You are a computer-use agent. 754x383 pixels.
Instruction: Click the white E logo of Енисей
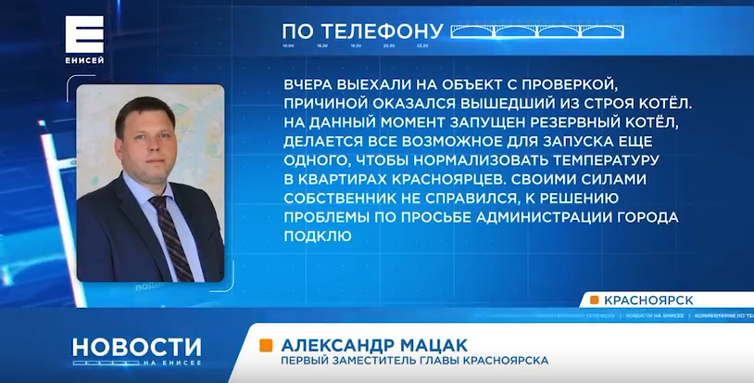point(84,34)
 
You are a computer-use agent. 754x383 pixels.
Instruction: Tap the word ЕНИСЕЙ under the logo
point(84,61)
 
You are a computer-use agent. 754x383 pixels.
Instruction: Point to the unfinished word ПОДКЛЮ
point(317,236)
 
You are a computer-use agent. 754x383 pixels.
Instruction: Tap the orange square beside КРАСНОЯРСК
point(594,299)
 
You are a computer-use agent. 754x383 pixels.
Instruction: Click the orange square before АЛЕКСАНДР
point(266,344)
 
